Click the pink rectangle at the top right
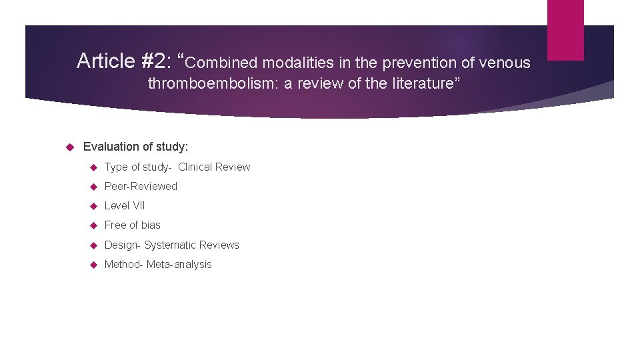(565, 29)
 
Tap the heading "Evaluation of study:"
(136, 147)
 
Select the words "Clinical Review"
(214, 167)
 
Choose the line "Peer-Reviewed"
(141, 187)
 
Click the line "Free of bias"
(132, 225)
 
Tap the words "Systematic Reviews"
(191, 245)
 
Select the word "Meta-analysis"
(179, 265)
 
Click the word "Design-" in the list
(123, 245)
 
